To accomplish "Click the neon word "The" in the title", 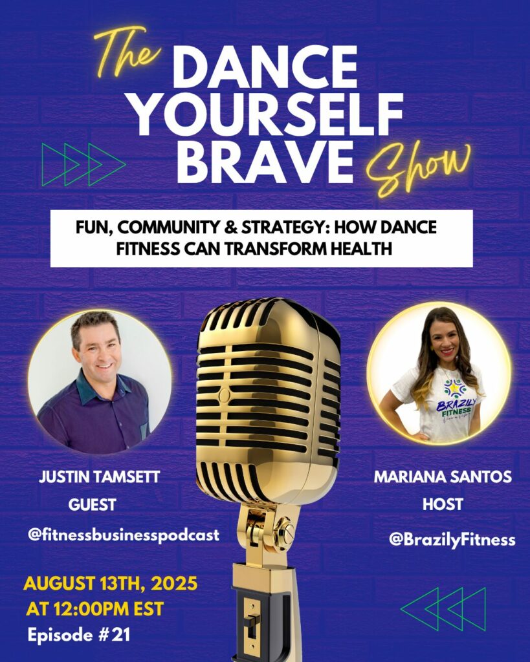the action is pos(127,53).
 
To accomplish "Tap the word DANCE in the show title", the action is pos(266,67).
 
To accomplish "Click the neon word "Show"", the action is pos(419,169).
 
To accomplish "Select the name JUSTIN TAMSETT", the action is pos(99,477).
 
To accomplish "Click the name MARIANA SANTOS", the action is pos(443,477).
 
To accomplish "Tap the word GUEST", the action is pos(92,504).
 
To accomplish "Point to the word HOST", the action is pos(443,504).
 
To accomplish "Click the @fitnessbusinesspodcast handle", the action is pos(124,535).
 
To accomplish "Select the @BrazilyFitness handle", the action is pos(452,540).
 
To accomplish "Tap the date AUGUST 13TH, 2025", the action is pos(110,584).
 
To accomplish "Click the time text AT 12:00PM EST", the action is pos(94,609).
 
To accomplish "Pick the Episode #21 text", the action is pos(78,635).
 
